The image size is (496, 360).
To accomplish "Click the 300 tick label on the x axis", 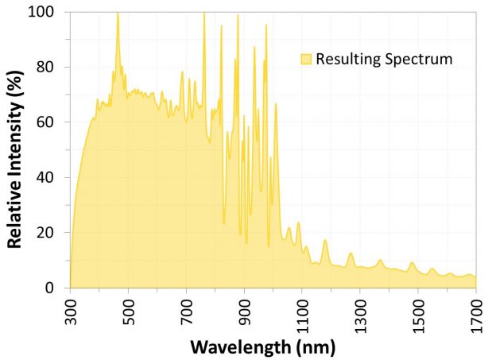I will coord(71,310).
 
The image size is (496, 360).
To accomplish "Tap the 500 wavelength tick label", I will coord(129,310).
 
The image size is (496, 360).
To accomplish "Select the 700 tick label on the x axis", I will coord(187,310).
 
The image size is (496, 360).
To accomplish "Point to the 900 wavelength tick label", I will coord(245,310).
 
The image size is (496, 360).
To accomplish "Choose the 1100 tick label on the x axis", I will coord(302,313).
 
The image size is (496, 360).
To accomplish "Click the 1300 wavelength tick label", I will coord(360,313).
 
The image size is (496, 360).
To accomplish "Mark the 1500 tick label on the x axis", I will coord(418,313).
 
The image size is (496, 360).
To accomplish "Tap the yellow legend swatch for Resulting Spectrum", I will coord(306,59).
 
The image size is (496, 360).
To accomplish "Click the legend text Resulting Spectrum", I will coord(384,59).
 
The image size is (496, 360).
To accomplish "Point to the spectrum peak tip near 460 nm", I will coord(118,13).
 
